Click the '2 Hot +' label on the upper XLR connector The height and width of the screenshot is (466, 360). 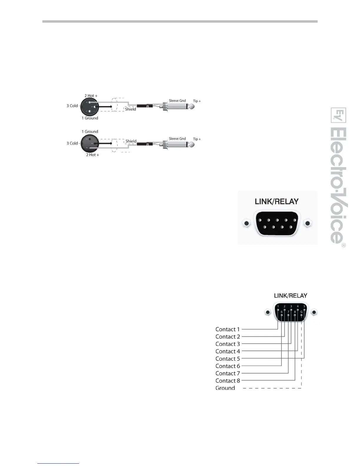tap(91, 96)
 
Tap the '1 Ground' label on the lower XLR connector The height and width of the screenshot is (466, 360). tap(90, 132)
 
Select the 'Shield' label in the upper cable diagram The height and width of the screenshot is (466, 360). tap(131, 109)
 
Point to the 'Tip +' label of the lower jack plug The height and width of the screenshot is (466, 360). tap(197, 139)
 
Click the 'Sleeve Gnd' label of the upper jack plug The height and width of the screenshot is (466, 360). tap(177, 101)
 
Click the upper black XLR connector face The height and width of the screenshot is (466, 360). tap(89, 107)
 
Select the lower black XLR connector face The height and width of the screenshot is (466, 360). tap(89, 143)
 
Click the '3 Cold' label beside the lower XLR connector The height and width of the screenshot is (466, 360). tap(72, 143)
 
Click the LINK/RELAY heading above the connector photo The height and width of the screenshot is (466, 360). tap(276, 202)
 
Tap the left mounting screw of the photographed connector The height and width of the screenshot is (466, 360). tap(246, 224)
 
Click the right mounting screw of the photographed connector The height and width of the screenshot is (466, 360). tap(307, 224)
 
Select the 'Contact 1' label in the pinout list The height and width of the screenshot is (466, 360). tap(228, 329)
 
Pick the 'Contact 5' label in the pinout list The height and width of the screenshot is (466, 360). tap(228, 359)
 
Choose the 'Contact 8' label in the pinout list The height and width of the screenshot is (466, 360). tap(228, 381)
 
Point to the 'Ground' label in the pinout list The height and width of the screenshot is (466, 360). tap(225, 388)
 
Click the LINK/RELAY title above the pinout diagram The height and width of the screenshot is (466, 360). tap(291, 296)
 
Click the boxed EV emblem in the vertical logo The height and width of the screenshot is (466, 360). tap(339, 115)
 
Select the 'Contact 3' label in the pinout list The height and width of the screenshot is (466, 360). tap(228, 344)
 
